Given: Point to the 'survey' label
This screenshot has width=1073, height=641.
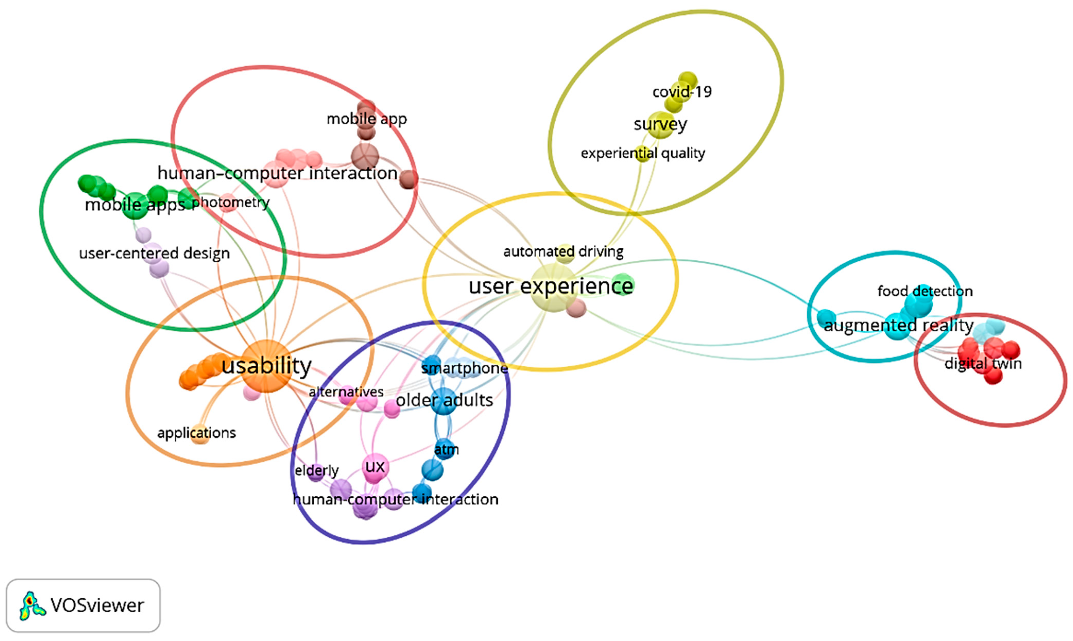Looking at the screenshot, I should coord(660,124).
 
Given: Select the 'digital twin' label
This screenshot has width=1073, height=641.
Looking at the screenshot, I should coord(983,363).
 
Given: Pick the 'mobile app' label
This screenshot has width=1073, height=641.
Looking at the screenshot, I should coord(366,119).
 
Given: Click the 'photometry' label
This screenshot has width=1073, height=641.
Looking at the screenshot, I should coord(230,202).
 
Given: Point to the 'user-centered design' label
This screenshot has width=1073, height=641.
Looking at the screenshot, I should coord(154,253).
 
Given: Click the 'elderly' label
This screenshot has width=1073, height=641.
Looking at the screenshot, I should coord(316,470).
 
